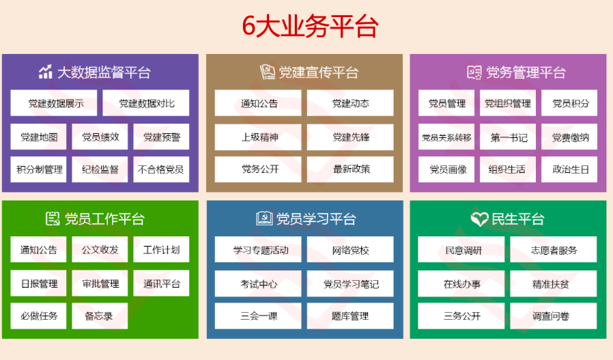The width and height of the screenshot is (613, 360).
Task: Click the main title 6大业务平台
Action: click(310, 26)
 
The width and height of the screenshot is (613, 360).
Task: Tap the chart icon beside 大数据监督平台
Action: click(45, 72)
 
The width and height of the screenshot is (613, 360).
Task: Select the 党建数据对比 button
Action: click(146, 103)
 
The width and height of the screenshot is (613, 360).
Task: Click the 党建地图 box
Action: click(38, 137)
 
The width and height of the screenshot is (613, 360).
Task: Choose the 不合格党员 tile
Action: click(161, 169)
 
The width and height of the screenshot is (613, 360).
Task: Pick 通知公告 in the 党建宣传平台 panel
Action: click(258, 103)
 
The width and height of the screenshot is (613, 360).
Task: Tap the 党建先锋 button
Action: click(350, 137)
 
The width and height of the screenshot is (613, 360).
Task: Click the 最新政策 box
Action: click(350, 169)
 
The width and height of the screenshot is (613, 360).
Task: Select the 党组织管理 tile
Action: click(508, 103)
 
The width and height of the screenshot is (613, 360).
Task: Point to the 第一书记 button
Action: click(508, 137)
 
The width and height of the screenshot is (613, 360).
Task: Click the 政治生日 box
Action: click(569, 169)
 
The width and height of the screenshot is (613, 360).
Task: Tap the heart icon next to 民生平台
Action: click(479, 219)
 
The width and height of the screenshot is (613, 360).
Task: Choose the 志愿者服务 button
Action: click(554, 249)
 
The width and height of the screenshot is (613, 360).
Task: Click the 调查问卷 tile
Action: click(554, 316)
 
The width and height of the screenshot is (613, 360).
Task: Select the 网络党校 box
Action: click(350, 249)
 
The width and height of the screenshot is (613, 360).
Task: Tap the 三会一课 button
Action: click(258, 316)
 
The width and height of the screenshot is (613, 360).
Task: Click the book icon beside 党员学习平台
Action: click(264, 219)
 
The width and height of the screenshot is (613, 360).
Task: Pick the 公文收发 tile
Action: click(100, 249)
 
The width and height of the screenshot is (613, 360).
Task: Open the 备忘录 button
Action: click(100, 316)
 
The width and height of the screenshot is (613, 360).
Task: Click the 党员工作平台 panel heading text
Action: click(104, 219)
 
